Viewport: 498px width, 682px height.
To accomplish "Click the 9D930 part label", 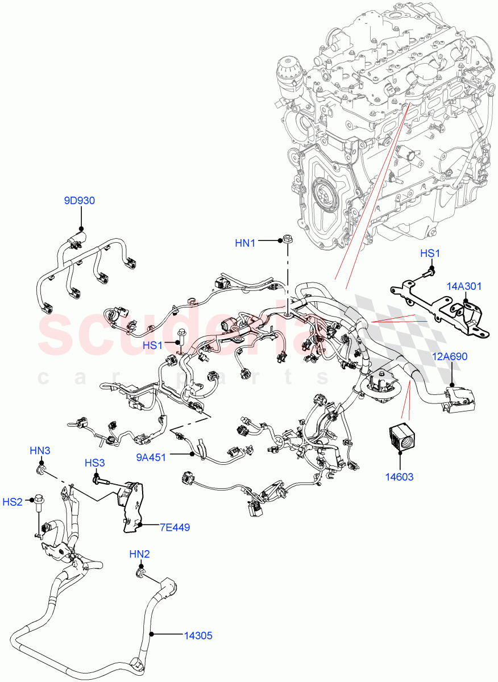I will (79, 201).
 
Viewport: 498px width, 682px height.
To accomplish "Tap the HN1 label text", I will (246, 243).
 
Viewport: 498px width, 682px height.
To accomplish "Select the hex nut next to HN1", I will (287, 240).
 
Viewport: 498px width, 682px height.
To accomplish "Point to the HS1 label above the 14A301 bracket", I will (430, 253).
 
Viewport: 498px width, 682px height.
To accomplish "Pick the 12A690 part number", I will (450, 357).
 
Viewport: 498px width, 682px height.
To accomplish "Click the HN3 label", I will (40, 451).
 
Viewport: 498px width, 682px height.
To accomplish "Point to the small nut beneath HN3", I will (42, 470).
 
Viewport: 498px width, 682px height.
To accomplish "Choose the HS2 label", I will (13, 501).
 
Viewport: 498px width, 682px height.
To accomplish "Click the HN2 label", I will (139, 554).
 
